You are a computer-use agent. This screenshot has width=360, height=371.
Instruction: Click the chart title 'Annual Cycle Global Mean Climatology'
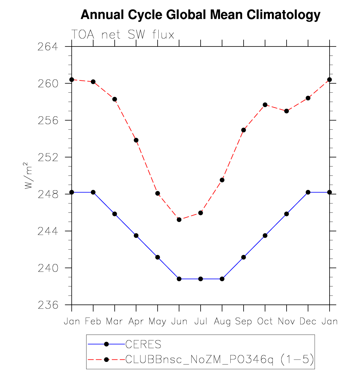click(200, 15)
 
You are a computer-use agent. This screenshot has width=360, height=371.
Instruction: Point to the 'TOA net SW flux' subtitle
click(123, 35)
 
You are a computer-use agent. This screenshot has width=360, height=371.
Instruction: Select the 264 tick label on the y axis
click(48, 47)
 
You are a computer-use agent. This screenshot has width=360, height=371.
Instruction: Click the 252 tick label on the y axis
click(48, 157)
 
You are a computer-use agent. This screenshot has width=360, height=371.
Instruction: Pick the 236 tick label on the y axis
click(48, 305)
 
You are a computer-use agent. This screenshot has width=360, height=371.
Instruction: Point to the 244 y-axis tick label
click(48, 231)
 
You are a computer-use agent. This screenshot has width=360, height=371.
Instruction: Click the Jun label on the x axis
click(179, 321)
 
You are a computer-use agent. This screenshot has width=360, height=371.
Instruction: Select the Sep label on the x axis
click(243, 321)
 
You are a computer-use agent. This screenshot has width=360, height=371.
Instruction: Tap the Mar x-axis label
click(114, 321)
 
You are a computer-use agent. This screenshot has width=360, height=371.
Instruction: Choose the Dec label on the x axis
click(308, 321)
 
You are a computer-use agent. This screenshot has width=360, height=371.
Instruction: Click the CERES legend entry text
click(143, 344)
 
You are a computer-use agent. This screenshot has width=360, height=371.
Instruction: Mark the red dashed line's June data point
click(179, 220)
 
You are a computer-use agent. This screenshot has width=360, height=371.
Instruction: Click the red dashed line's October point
click(265, 105)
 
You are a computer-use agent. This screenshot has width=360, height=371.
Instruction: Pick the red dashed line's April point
click(136, 140)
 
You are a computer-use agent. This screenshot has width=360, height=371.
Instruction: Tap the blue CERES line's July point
click(201, 279)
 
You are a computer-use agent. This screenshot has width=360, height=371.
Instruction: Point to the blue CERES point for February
click(93, 192)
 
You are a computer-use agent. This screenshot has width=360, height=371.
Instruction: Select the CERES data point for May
click(158, 257)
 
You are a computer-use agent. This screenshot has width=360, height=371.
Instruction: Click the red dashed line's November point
click(287, 111)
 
